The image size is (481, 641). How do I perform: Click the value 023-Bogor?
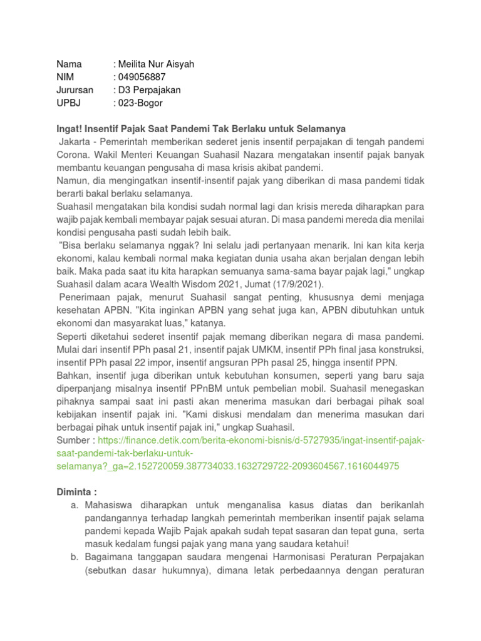point(140,103)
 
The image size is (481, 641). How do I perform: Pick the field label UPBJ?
point(68,103)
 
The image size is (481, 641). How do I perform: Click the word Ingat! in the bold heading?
point(70,129)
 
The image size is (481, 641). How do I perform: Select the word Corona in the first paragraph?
point(72,155)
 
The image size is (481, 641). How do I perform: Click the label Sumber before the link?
point(73,441)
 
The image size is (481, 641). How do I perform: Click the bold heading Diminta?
point(76,493)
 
